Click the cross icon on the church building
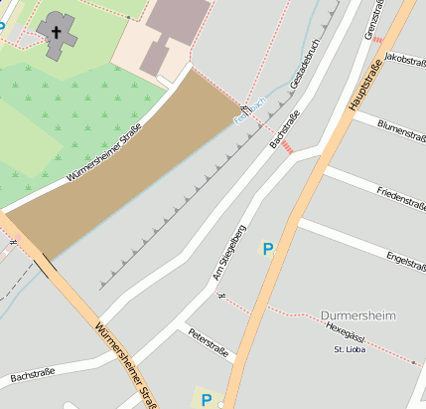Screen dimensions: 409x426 (x=57, y=34)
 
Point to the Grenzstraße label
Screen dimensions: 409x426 (x=376, y=21)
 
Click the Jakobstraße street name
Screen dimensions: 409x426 (x=404, y=62)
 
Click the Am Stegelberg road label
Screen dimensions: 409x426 (x=229, y=253)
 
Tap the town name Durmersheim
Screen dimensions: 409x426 (x=358, y=315)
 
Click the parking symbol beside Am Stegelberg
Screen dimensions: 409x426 (x=266, y=248)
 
